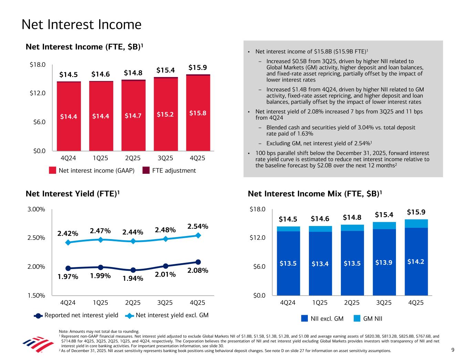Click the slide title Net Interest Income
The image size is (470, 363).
[81, 25]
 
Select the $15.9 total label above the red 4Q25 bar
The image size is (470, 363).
[197, 67]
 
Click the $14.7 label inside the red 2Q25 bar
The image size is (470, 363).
[133, 116]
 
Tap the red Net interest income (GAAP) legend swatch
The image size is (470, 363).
[52, 171]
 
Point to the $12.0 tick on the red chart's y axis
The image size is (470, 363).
[38, 93]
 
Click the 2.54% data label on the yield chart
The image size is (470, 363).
[198, 226]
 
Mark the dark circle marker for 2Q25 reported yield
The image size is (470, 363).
[133, 270]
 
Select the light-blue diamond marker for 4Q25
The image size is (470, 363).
[198, 235]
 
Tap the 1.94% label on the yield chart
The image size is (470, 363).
[133, 278]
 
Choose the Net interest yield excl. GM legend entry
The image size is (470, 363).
[172, 315]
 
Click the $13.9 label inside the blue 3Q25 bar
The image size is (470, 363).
[385, 263]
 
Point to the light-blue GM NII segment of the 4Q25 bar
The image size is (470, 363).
[416, 224]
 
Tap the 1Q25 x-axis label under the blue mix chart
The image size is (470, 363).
[320, 303]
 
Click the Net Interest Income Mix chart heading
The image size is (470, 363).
[315, 194]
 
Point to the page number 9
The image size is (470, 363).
[453, 350]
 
